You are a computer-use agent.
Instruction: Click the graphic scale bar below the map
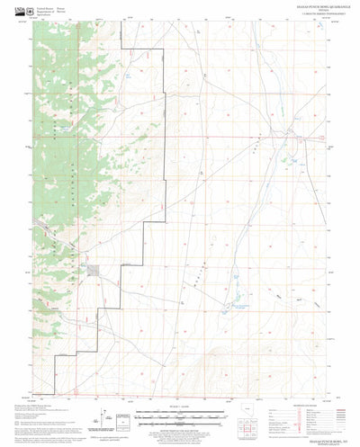(180, 415)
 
